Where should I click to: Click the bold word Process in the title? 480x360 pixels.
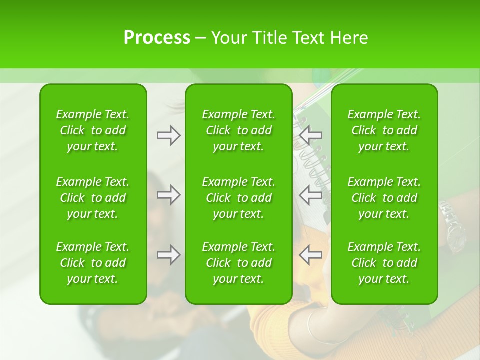[157, 38]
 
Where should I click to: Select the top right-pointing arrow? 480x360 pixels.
[168, 135]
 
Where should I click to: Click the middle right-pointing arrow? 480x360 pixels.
[168, 195]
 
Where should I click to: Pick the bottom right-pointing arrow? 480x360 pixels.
[168, 255]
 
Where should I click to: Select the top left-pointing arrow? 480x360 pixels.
[311, 135]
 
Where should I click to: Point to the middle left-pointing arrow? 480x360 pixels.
[311, 195]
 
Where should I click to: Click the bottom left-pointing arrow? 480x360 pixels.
[311, 255]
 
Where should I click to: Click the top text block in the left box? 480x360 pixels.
[93, 130]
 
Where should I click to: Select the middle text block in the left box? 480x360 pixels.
[93, 198]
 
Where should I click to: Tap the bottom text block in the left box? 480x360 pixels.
[93, 263]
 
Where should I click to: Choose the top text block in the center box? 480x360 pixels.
[238, 130]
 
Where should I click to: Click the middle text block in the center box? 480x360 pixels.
[238, 198]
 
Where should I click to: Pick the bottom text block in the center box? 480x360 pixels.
[238, 263]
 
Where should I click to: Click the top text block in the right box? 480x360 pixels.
[384, 130]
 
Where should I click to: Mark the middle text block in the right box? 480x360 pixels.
[384, 198]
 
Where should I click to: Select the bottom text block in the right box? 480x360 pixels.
[384, 263]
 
